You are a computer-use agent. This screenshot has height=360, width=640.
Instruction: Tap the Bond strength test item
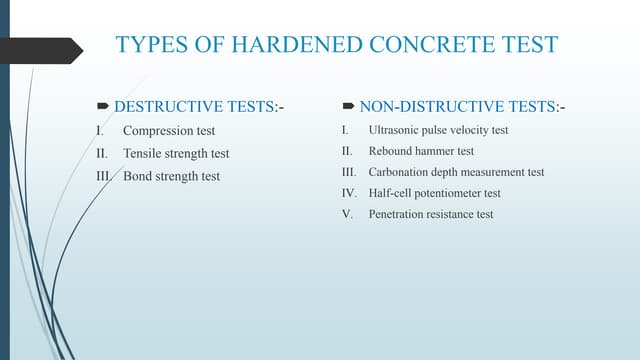click(x=171, y=176)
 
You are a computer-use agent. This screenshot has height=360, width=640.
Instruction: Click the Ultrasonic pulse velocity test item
click(x=438, y=131)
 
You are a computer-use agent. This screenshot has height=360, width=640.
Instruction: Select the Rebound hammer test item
click(x=421, y=151)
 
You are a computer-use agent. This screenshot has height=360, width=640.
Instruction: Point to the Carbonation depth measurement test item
click(x=456, y=172)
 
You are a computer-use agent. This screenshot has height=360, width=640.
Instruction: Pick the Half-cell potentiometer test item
click(x=434, y=193)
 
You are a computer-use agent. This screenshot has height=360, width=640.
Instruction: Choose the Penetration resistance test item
click(x=430, y=214)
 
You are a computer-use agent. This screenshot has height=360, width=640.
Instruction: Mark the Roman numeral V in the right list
click(x=345, y=214)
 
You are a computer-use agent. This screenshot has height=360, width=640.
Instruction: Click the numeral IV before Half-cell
click(x=347, y=193)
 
